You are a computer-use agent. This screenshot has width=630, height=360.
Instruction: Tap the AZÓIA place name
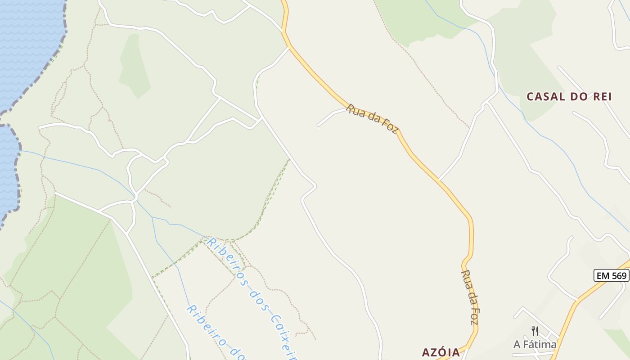tap(441, 352)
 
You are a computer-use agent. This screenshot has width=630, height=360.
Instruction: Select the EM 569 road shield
tap(612, 275)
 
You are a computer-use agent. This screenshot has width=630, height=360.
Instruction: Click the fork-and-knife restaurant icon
tap(535, 331)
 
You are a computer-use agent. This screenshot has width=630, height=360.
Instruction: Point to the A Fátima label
tap(535, 345)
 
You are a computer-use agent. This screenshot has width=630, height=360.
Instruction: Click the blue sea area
tap(27, 45)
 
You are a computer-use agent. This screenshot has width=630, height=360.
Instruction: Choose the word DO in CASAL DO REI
tap(571, 96)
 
